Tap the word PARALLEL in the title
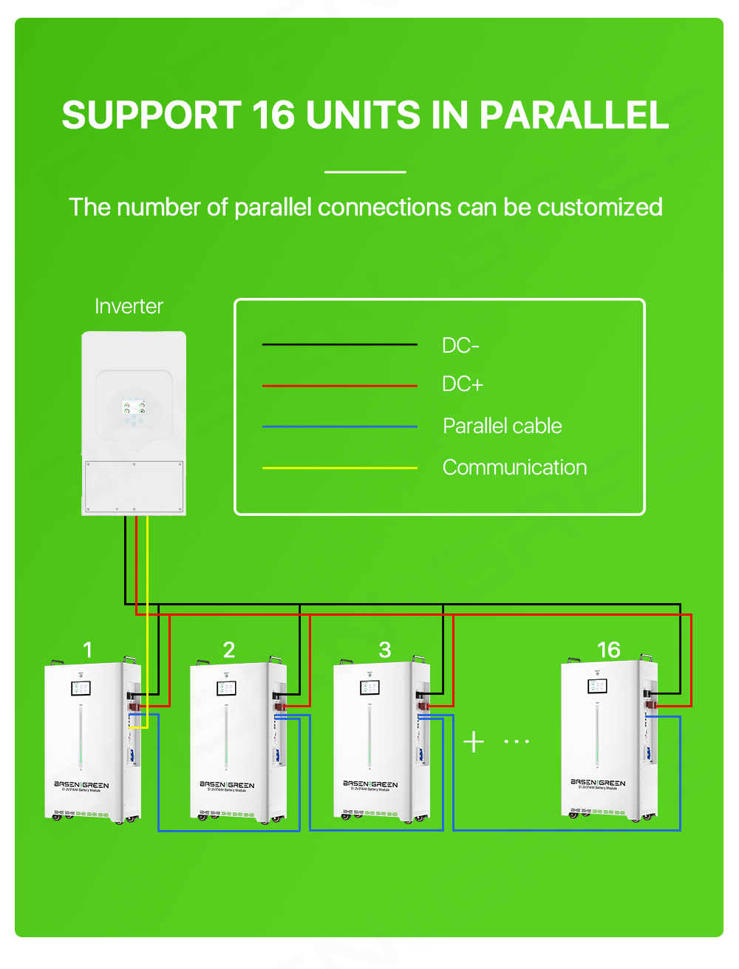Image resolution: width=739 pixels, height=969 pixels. [573, 115]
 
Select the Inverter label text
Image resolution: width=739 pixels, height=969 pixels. [129, 307]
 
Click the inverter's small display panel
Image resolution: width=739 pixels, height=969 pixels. [134, 407]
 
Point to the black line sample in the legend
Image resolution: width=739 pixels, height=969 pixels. [340, 344]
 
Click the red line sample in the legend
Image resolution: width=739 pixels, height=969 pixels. [340, 386]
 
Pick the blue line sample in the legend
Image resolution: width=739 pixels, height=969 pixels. [340, 426]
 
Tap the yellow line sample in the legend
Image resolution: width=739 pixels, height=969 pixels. [340, 468]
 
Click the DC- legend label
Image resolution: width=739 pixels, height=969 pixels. [460, 345]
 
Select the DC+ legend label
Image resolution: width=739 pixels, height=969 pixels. [463, 384]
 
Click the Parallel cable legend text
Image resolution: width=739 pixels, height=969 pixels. [502, 426]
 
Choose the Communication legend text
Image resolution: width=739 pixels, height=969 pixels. [514, 468]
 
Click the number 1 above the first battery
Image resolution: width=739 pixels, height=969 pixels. [88, 650]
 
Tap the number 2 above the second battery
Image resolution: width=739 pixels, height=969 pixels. [229, 650]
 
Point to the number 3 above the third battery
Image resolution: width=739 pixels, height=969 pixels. [384, 650]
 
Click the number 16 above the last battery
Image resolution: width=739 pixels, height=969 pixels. [608, 650]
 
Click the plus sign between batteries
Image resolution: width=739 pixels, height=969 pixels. [474, 741]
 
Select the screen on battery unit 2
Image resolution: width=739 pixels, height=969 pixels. [226, 689]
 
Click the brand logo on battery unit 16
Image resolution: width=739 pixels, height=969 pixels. [598, 783]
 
